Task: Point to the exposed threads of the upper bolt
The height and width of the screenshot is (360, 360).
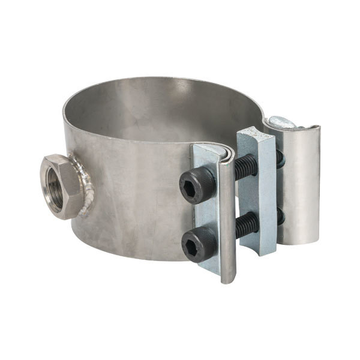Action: click(245, 167)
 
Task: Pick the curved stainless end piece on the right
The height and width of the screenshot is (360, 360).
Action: click(300, 186)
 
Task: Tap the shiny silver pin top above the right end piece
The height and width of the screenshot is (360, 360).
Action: click(281, 122)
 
